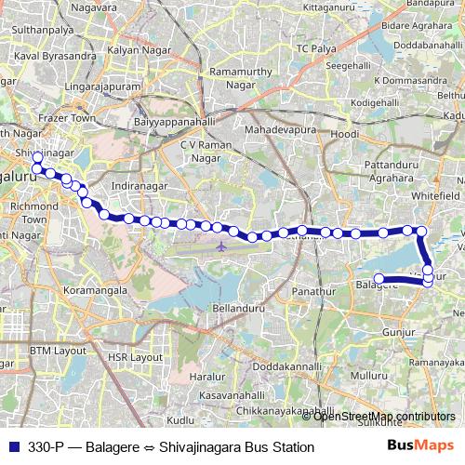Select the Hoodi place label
click(x=345, y=135)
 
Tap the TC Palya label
click(x=316, y=46)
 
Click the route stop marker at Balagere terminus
click(x=379, y=278)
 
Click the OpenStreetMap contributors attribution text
click(x=385, y=416)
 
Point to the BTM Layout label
click(x=57, y=351)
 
